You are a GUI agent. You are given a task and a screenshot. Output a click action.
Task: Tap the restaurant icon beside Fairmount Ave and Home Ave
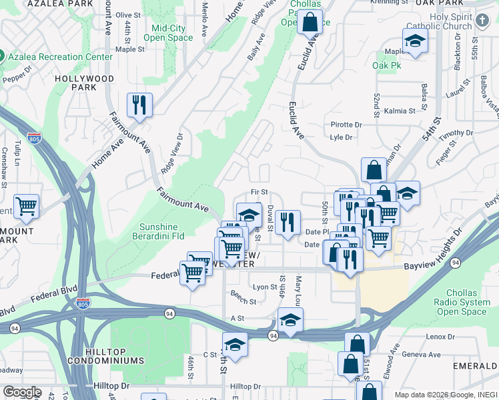click(140, 105)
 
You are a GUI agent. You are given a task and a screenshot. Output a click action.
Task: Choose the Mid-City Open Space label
click(172, 33)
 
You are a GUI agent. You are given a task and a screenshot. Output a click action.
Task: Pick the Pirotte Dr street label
click(346, 125)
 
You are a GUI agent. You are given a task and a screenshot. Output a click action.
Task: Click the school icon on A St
click(290, 321)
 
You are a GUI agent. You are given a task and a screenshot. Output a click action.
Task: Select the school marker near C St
click(235, 345)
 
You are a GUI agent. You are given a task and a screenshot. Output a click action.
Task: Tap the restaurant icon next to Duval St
click(288, 222)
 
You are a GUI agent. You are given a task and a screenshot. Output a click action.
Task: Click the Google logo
click(22, 392)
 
